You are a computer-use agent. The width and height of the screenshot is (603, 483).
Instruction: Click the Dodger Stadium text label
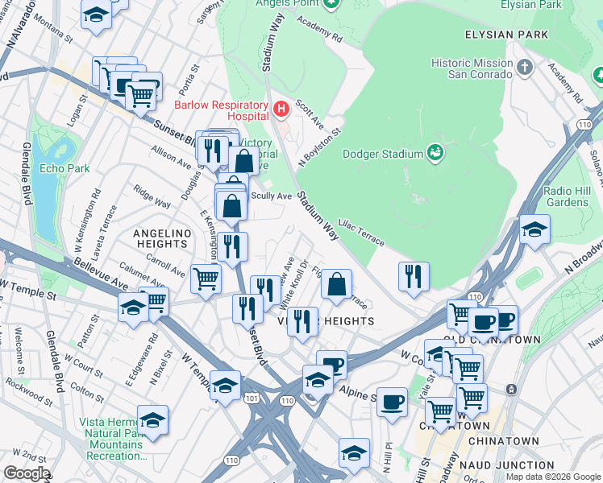[x=383, y=154]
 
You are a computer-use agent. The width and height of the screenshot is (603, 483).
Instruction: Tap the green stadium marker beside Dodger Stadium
[x=435, y=151]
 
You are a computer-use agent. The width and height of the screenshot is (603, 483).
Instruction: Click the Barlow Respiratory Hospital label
[x=222, y=111]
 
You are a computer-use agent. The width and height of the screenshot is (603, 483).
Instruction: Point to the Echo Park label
[x=64, y=169]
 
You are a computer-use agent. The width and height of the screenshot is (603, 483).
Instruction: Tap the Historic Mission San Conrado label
[x=472, y=68]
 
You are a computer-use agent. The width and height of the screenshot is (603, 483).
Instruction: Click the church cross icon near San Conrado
[x=525, y=66]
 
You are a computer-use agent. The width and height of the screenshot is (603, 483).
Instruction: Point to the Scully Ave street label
[x=272, y=196]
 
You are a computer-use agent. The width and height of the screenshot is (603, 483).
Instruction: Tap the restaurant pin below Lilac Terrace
[x=414, y=276]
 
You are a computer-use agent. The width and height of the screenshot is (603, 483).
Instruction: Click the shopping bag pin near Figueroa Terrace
[x=336, y=283]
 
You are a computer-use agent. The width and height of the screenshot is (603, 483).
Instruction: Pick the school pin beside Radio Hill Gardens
[x=534, y=229]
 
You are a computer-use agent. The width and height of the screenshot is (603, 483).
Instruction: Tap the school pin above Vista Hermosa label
[x=152, y=419]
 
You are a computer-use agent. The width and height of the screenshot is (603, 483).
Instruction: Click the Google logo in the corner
[x=27, y=473]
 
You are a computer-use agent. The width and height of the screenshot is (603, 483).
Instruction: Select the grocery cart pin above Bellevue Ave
[x=206, y=279]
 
